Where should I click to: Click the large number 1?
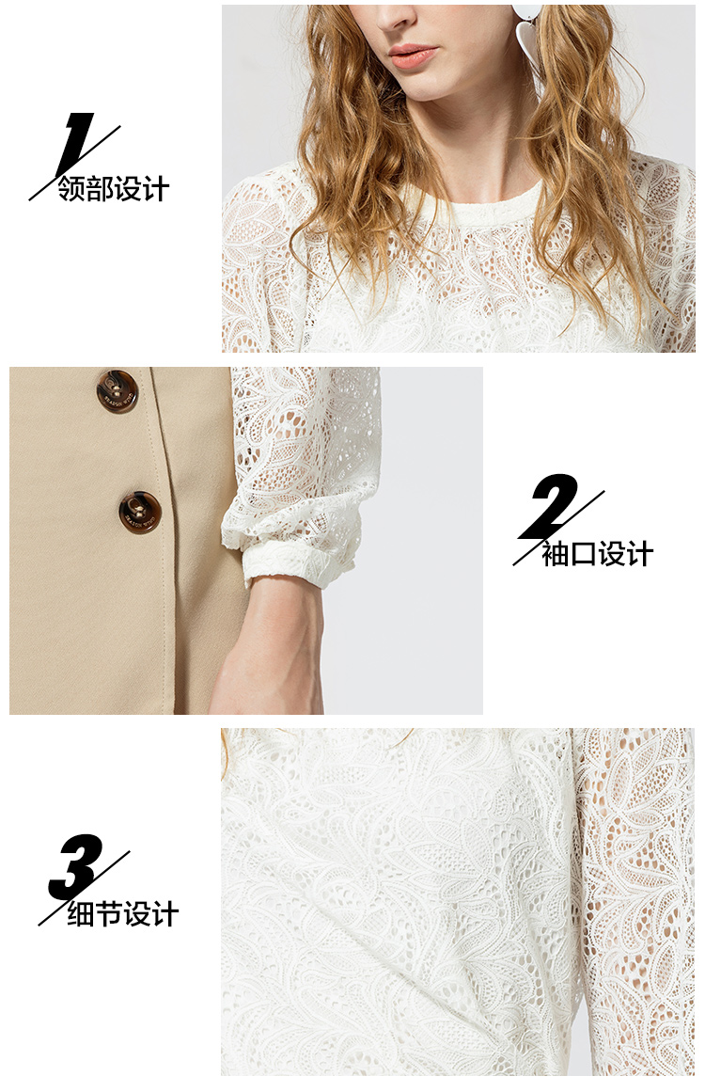(75, 145)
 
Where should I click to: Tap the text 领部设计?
(114, 189)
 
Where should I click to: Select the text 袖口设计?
(598, 554)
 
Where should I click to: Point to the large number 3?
(75, 867)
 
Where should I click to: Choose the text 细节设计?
(123, 914)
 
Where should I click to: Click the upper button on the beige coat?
(117, 392)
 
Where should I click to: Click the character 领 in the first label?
(72, 189)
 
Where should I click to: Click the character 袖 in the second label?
(556, 554)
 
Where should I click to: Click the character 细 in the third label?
(82, 914)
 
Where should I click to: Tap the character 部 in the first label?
(101, 189)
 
